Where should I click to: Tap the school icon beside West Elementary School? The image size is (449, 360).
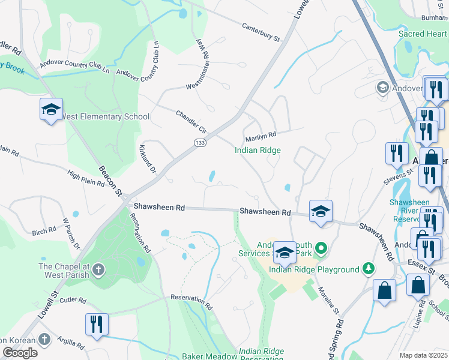pyautogui.click(x=52, y=110)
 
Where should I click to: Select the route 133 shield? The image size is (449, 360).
pyautogui.click(x=199, y=142)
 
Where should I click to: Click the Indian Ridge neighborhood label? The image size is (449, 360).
pyautogui.click(x=258, y=151)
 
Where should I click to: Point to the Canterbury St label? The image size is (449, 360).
pyautogui.click(x=261, y=32)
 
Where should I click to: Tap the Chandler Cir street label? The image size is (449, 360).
pyautogui.click(x=191, y=122)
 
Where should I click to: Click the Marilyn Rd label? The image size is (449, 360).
pyautogui.click(x=260, y=136)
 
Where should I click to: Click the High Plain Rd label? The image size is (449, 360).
pyautogui.click(x=86, y=178)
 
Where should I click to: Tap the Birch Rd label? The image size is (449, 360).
pyautogui.click(x=44, y=232)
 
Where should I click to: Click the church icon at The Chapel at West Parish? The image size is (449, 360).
pyautogui.click(x=97, y=270)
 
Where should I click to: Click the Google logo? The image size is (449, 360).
pyautogui.click(x=20, y=353)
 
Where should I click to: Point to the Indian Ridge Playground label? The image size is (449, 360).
pyautogui.click(x=313, y=269)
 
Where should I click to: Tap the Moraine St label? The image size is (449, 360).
pyautogui.click(x=329, y=301)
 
